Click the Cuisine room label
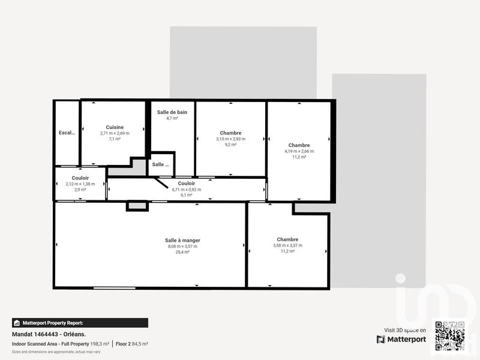pyautogui.click(x=115, y=127)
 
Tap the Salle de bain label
pyautogui.click(x=172, y=112)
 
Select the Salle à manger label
pyautogui.click(x=182, y=240)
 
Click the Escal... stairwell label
pyautogui.click(x=67, y=133)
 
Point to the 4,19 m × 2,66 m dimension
pyautogui.click(x=299, y=151)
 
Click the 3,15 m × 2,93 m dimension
pyautogui.click(x=230, y=139)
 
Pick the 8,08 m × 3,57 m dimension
pyautogui.click(x=182, y=246)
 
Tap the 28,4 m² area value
pyautogui.click(x=182, y=252)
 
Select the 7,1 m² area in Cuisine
pyautogui.click(x=115, y=139)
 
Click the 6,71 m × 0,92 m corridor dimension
pyautogui.click(x=190, y=189)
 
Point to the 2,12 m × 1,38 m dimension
pyautogui.click(x=80, y=184)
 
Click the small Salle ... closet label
pyautogui.click(x=160, y=164)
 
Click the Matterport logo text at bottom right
pyautogui.click(x=401, y=339)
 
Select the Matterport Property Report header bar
pyautogui.click(x=80, y=323)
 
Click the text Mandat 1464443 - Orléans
pyautogui.click(x=49, y=334)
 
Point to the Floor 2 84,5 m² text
pyautogui.click(x=132, y=344)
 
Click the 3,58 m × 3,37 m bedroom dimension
pyautogui.click(x=287, y=245)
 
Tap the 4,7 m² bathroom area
pyautogui.click(x=172, y=119)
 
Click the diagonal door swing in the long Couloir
pyautogui.click(x=161, y=182)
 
